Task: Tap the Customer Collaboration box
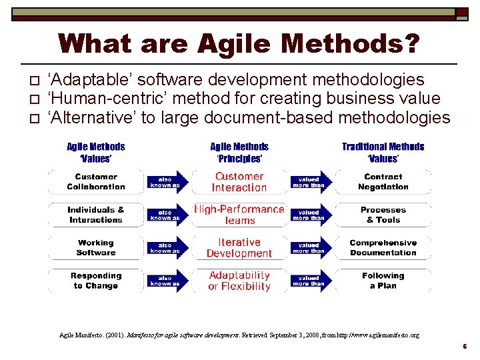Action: click(x=95, y=182)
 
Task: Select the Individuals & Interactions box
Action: click(x=95, y=215)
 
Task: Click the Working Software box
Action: click(x=95, y=248)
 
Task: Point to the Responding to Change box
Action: click(x=95, y=281)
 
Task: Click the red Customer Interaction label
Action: click(x=239, y=182)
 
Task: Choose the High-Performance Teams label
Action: click(x=239, y=215)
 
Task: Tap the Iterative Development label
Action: click(x=239, y=248)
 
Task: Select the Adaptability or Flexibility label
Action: click(x=239, y=281)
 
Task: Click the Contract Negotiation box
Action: click(x=383, y=182)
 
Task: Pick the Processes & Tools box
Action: click(x=383, y=215)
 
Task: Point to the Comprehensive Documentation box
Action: click(x=383, y=248)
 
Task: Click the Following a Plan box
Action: click(x=383, y=281)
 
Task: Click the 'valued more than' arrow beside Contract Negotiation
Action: click(x=309, y=182)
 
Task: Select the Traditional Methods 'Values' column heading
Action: click(x=383, y=152)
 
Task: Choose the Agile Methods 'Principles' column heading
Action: click(x=239, y=152)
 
